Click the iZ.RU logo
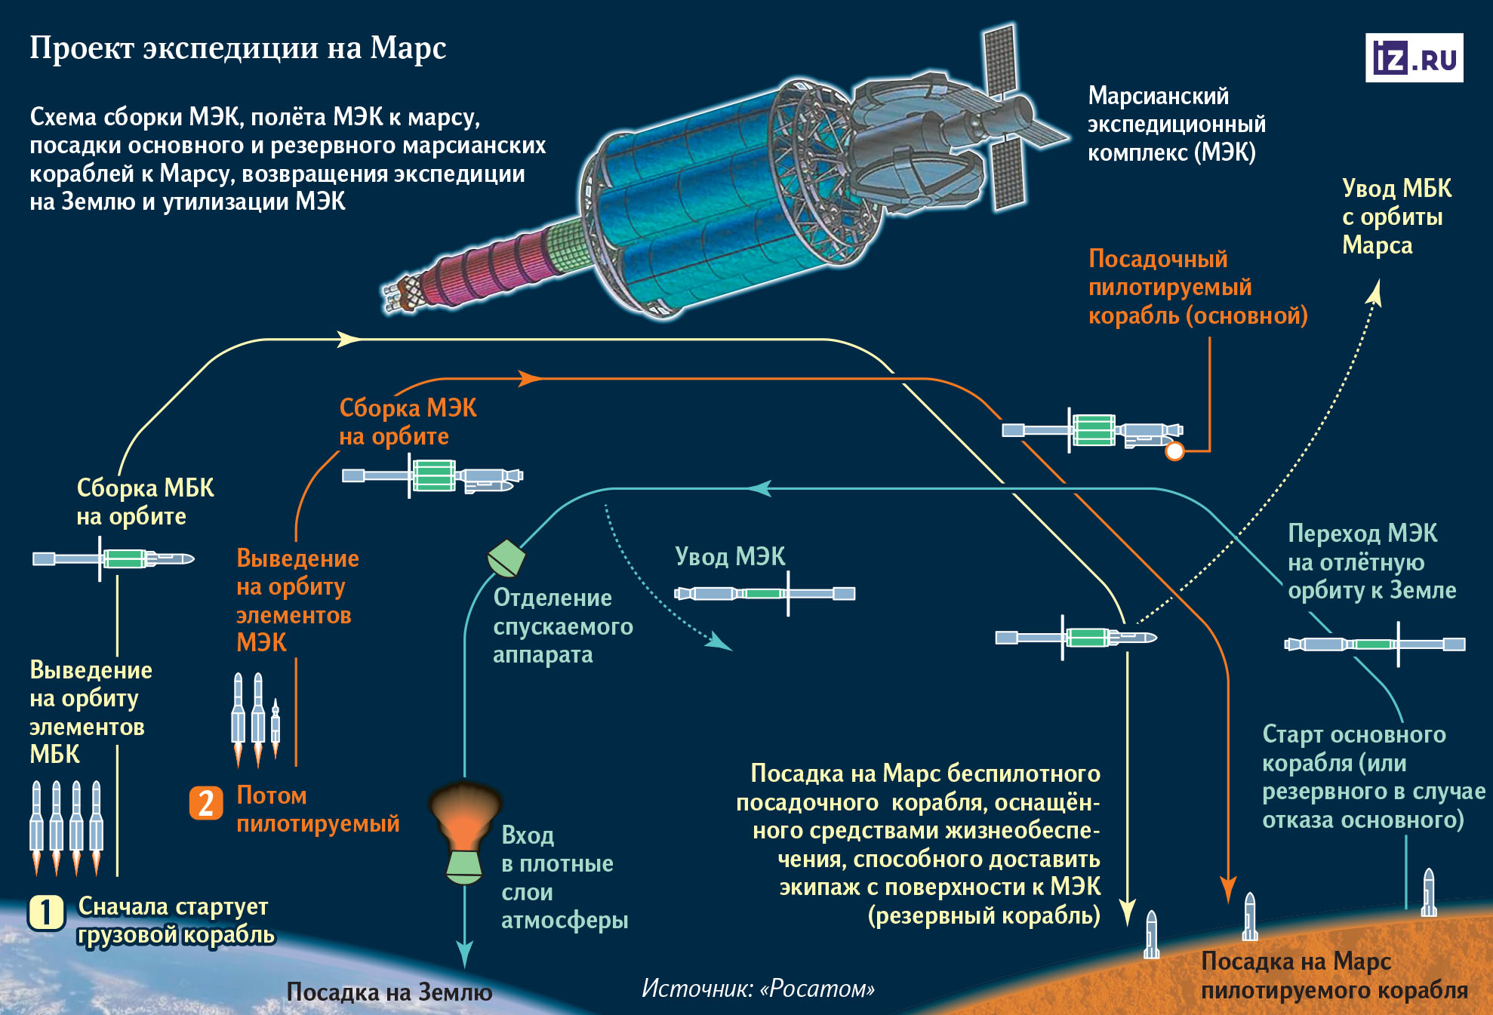pos(1414,57)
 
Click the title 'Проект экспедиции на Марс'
pos(238,48)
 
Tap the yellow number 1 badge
pos(45,912)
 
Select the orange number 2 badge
pos(205,803)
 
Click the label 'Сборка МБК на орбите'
pos(145,502)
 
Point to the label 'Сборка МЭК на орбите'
pos(408,422)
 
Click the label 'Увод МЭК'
pos(730,557)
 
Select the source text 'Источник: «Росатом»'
pos(758,989)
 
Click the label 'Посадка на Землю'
pos(389,992)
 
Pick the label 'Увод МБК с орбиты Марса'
pos(1396,217)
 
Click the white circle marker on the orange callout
pos(1174,451)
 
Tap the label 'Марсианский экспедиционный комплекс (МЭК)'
pos(1176,125)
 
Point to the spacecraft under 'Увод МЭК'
pos(764,593)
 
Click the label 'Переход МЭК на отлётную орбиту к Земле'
pos(1371,561)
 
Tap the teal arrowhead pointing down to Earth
pos(464,954)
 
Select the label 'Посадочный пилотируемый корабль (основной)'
pos(1197,288)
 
